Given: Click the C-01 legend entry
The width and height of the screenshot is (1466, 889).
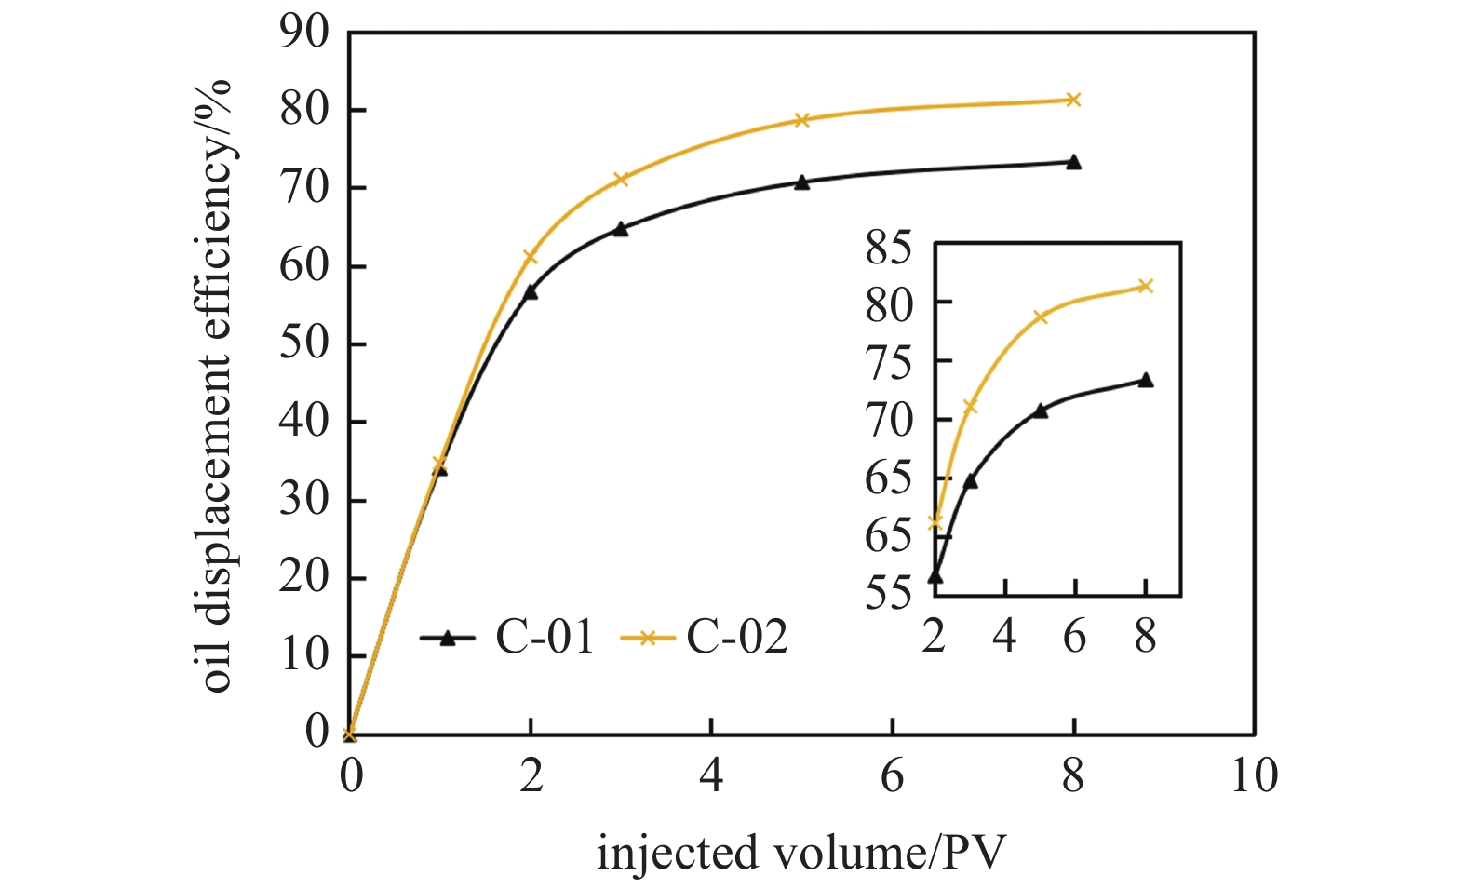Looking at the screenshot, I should [x=507, y=638].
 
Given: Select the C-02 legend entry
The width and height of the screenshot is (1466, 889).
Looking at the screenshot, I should [x=704, y=638].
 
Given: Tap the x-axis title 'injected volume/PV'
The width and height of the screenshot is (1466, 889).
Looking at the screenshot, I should [x=801, y=853].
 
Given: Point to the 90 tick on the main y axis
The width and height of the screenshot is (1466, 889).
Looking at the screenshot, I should [x=304, y=34].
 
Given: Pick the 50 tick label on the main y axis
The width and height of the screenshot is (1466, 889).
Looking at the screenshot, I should [x=304, y=344].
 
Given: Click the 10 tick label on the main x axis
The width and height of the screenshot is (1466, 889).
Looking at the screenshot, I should [x=1254, y=775].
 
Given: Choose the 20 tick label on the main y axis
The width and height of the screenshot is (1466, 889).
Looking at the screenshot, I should [x=304, y=578].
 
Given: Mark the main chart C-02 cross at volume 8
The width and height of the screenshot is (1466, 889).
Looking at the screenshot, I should [x=1073, y=100].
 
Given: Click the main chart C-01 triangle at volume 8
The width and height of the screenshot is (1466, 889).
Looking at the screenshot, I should [x=1073, y=162].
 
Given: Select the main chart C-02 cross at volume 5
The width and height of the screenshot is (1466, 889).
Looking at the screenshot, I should [x=802, y=120].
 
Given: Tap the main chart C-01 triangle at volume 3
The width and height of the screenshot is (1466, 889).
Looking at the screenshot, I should [x=621, y=228].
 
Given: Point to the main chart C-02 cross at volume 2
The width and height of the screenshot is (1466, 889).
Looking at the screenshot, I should [x=531, y=256].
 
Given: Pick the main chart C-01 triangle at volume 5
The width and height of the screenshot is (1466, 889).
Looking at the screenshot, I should [x=802, y=182].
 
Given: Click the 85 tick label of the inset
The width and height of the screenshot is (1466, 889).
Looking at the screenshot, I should [x=891, y=249].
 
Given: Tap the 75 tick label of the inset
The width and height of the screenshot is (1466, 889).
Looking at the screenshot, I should [x=891, y=362].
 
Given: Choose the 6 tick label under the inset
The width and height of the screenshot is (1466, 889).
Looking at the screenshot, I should [x=1075, y=637].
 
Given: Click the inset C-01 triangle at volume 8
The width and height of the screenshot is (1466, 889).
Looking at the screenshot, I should [x=1146, y=380].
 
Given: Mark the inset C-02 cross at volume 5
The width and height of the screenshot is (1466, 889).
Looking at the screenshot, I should [x=1041, y=317].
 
